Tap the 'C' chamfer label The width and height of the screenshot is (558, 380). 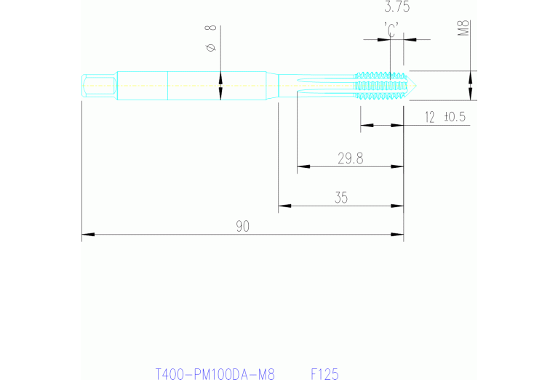coord(391,31)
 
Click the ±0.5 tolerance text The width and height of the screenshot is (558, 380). coord(454,116)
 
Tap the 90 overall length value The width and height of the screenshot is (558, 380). coord(242,226)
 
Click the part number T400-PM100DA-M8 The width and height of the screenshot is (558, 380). coord(215,374)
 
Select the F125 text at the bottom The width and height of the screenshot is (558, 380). coord(324,374)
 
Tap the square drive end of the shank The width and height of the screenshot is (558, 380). coord(97,85)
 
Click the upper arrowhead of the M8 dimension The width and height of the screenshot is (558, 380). coord(471,76)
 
